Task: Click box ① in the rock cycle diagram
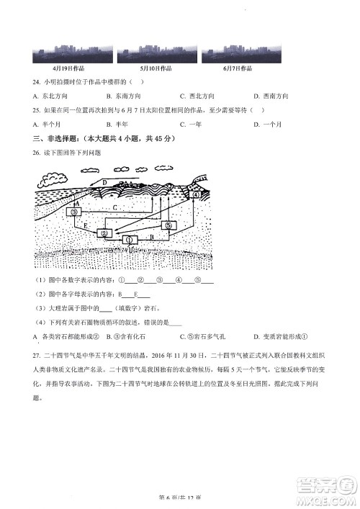[129, 240]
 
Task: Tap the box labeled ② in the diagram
[104, 233]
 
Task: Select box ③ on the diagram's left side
[73, 213]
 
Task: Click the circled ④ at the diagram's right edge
[196, 195]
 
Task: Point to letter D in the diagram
[104, 184]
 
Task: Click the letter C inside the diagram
[115, 208]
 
